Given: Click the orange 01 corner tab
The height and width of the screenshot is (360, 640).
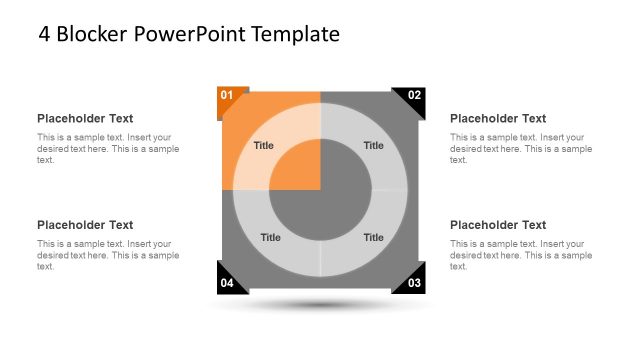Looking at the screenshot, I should pos(227,96).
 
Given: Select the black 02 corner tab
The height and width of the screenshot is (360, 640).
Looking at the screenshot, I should pos(413,96).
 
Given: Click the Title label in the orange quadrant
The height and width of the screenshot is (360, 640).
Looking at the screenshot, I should pos(263,146).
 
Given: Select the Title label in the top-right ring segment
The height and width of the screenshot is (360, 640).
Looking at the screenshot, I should pos(373,146).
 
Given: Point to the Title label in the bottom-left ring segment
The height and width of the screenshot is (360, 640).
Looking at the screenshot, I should pos(270,238).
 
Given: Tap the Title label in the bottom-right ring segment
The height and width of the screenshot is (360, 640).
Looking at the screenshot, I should pos(373,238).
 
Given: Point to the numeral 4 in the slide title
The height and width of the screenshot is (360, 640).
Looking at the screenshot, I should pos(44,35).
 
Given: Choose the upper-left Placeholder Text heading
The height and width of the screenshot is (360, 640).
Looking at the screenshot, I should pos(85,118).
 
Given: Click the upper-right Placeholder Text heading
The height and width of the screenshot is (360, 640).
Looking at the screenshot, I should pos(498,118).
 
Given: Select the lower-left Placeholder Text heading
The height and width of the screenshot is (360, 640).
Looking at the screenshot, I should pos(85,225).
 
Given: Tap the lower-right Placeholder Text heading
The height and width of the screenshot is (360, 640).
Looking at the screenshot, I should pos(498,225).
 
